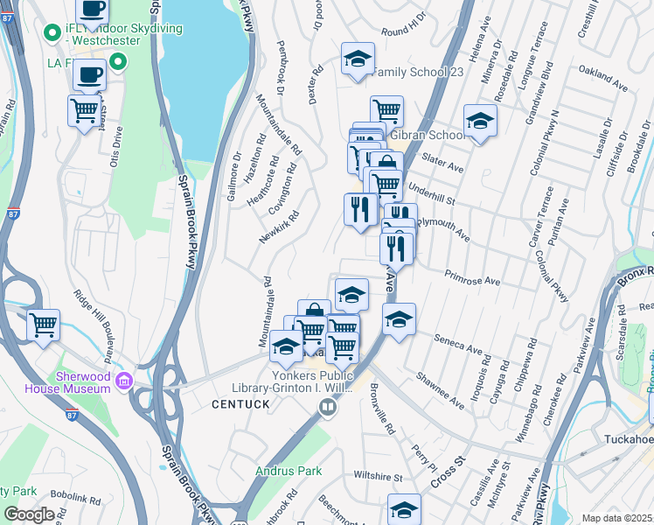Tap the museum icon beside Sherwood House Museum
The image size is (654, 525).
click(123, 380)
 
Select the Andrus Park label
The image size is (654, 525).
click(282, 471)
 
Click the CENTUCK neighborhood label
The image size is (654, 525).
click(238, 404)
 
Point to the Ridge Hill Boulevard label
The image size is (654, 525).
click(96, 325)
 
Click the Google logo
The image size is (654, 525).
click(28, 514)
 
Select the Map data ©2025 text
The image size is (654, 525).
click(617, 518)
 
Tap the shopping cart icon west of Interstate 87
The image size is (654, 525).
click(43, 325)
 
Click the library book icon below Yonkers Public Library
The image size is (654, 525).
click(327, 406)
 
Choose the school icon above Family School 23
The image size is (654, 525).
click(358, 59)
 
